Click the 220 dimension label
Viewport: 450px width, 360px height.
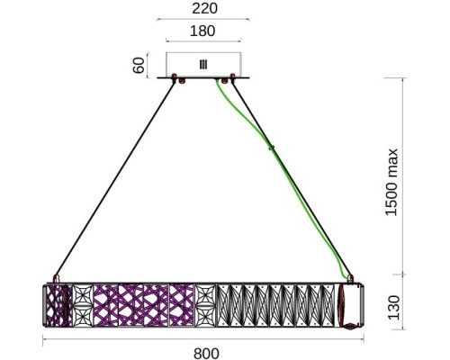(x=204, y=8)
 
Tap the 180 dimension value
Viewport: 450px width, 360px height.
(x=202, y=31)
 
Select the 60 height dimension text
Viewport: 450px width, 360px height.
(x=139, y=66)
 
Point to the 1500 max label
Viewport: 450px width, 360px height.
(x=391, y=182)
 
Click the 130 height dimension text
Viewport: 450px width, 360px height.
(x=393, y=308)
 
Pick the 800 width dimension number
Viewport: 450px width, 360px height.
(x=206, y=354)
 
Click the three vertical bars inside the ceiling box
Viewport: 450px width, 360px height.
(x=203, y=65)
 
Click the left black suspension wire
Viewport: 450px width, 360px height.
(x=115, y=179)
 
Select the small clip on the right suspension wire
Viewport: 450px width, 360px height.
(x=272, y=148)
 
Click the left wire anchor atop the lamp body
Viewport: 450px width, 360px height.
(x=56, y=278)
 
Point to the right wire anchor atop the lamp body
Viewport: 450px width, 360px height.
(x=350, y=279)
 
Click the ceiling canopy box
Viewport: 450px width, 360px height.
(x=203, y=65)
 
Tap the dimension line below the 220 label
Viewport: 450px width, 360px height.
(x=203, y=20)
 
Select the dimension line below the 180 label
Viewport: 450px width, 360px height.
(x=203, y=40)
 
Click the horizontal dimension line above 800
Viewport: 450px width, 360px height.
(x=203, y=339)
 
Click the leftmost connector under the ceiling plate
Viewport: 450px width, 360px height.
(x=174, y=77)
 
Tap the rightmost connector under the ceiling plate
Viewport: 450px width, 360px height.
(x=232, y=77)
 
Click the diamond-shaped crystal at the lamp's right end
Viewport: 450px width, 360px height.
(x=350, y=327)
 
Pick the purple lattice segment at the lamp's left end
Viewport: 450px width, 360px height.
(x=58, y=305)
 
